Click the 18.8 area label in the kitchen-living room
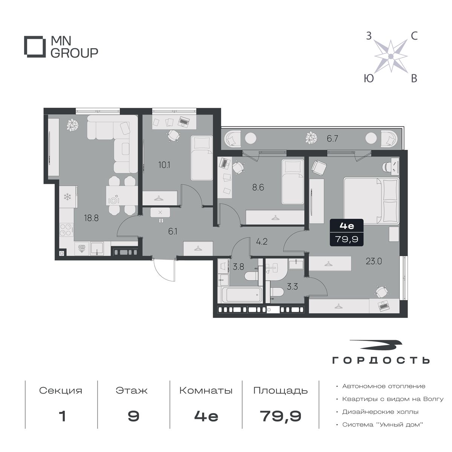[91, 218]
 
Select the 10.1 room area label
[164, 165]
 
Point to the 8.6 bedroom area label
[258, 188]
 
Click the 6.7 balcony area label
[332, 139]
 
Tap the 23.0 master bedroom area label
[374, 261]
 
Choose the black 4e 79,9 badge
[347, 232]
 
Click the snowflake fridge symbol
[67, 197]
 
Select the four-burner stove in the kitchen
[66, 230]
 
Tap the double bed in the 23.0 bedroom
[371, 201]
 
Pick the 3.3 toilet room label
[292, 287]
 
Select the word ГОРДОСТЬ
[381, 366]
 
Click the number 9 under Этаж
[133, 423]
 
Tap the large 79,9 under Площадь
[280, 423]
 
